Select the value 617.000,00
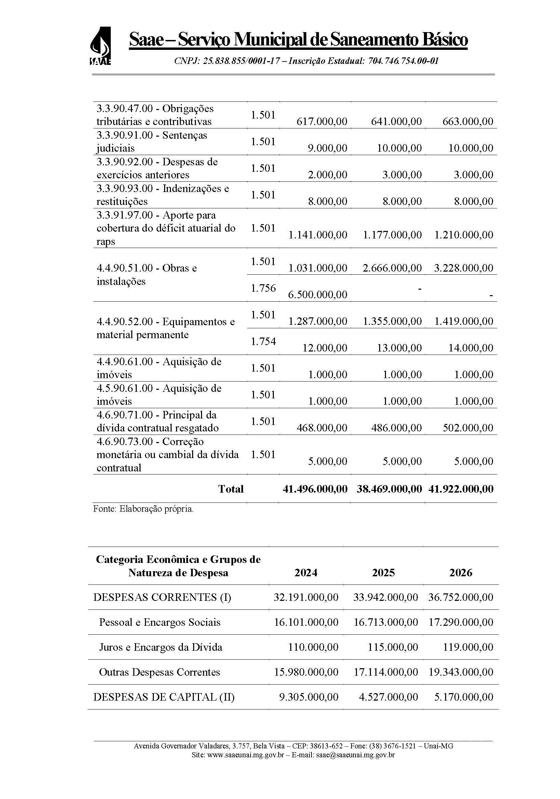pyautogui.click(x=322, y=122)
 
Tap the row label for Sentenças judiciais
pyautogui.click(x=151, y=142)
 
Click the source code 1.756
pyautogui.click(x=263, y=288)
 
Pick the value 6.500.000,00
pyautogui.click(x=318, y=294)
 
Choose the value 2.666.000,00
pyautogui.click(x=392, y=268)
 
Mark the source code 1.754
pyautogui.click(x=263, y=341)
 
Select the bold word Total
pyautogui.click(x=230, y=489)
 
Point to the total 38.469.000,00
pyautogui.click(x=389, y=489)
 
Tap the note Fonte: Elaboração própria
pyautogui.click(x=143, y=509)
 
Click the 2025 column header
pyautogui.click(x=383, y=573)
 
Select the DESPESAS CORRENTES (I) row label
pyautogui.click(x=162, y=597)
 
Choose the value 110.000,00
pyautogui.click(x=313, y=647)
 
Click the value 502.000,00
pyautogui.click(x=468, y=428)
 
